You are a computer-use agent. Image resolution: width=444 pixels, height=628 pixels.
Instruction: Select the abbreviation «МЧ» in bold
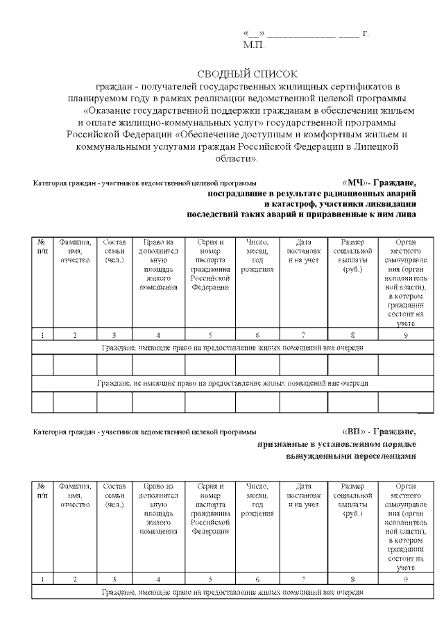tap(357, 183)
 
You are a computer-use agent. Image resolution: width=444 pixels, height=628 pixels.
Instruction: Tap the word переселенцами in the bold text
tap(384, 455)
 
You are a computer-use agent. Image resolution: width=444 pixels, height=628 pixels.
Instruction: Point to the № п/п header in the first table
tap(43, 247)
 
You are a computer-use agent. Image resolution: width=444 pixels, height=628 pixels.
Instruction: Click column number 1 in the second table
tap(43, 579)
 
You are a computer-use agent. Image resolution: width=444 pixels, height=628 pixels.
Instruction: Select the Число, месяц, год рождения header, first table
tap(257, 255)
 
